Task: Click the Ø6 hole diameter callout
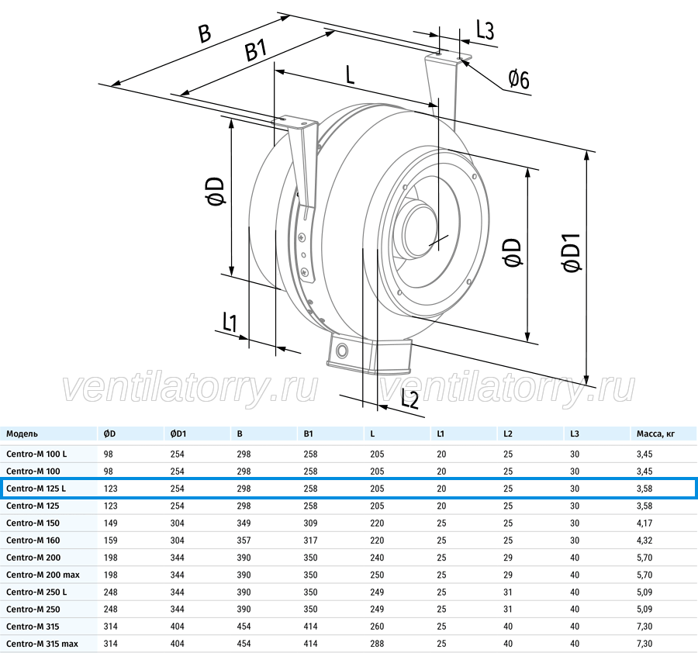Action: click(x=519, y=80)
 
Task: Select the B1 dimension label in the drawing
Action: click(x=256, y=50)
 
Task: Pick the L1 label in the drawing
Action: click(x=230, y=323)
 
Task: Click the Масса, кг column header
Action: click(x=655, y=434)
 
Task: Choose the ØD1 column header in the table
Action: click(x=178, y=434)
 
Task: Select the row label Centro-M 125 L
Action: click(x=36, y=489)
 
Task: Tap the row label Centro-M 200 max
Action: click(x=43, y=575)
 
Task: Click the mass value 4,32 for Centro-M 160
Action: click(x=644, y=541)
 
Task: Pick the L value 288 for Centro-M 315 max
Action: click(x=377, y=644)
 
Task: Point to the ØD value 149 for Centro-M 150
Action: click(x=110, y=523)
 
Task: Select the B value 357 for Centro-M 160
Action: click(x=244, y=541)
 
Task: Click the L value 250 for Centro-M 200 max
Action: click(x=377, y=575)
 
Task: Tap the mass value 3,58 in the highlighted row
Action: click(x=644, y=489)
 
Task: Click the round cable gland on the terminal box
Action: click(x=342, y=351)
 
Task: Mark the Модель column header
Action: click(x=22, y=434)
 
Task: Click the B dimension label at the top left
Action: click(x=204, y=33)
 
